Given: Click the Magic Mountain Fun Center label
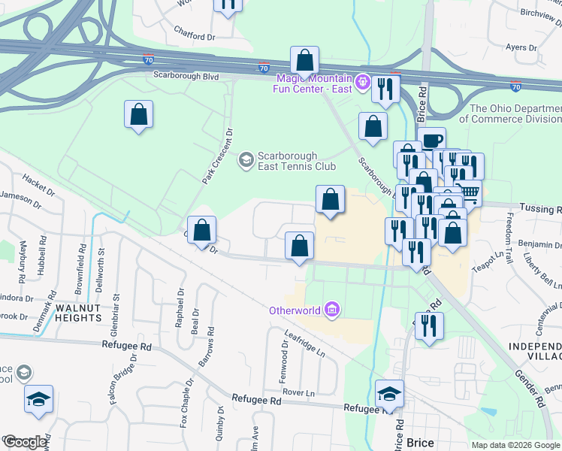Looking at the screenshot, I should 314,83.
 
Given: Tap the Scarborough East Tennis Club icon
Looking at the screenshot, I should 246,159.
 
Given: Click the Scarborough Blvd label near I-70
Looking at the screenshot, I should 186,76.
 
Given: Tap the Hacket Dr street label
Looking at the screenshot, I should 40,182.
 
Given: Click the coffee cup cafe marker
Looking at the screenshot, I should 431,140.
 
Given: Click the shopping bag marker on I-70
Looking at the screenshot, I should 304,59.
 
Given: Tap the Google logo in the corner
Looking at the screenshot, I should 25,442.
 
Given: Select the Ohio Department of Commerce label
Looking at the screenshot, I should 515,114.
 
